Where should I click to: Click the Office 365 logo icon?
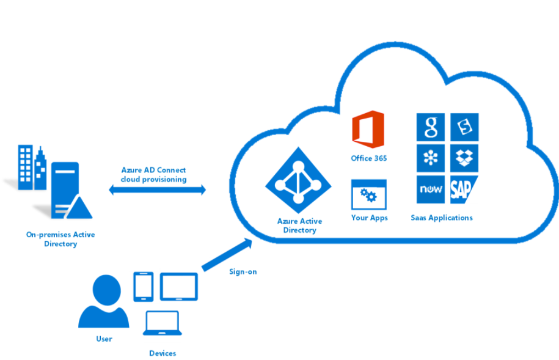pyautogui.click(x=368, y=130)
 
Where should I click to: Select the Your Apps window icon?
pyautogui.click(x=368, y=194)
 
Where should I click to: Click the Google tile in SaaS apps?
pyautogui.click(x=431, y=127)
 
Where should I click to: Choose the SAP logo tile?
pyautogui.click(x=462, y=190)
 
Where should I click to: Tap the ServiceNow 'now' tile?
pyautogui.click(x=431, y=190)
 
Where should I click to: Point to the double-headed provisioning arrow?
pyautogui.click(x=158, y=191)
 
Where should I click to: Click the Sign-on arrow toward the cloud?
pyautogui.click(x=227, y=254)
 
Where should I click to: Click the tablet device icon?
pyautogui.click(x=179, y=286)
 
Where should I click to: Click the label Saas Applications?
pyautogui.click(x=442, y=218)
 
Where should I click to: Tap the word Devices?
pyautogui.click(x=163, y=353)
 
